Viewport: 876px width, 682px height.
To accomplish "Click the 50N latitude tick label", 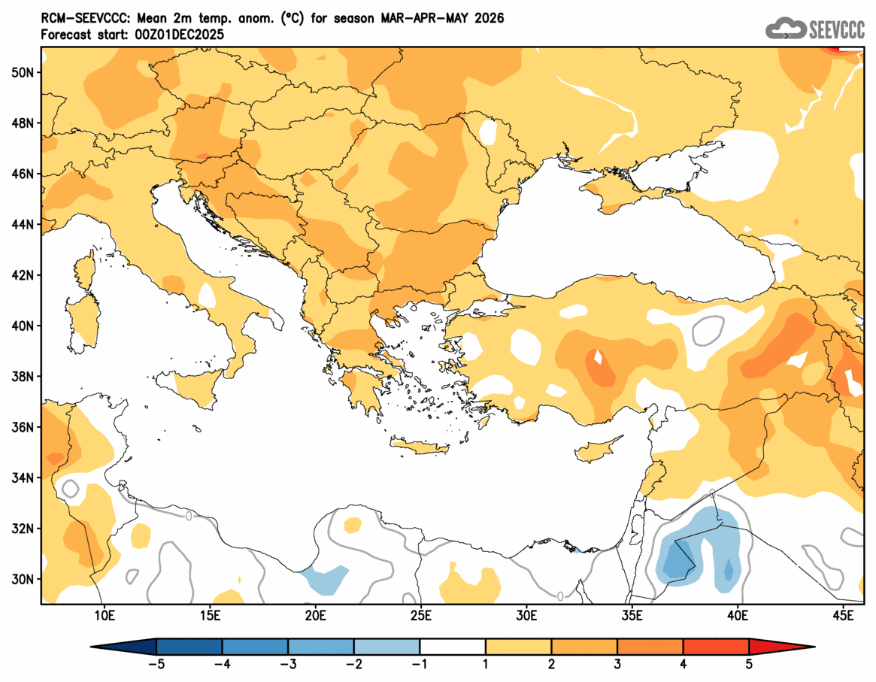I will (x=23, y=72).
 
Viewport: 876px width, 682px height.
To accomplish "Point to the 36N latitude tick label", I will (x=23, y=427).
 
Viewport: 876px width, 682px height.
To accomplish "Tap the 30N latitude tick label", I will (x=23, y=579).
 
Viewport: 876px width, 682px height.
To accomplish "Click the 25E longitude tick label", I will (x=420, y=617).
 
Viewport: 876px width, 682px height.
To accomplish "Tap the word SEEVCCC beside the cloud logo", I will (x=837, y=29).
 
